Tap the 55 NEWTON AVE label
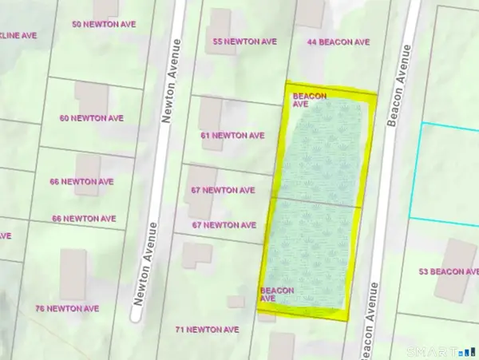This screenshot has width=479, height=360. [x=243, y=41]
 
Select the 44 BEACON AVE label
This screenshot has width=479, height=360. [x=339, y=41]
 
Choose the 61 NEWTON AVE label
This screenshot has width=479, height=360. [x=232, y=136]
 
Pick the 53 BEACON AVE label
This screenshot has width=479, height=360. [x=449, y=272]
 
